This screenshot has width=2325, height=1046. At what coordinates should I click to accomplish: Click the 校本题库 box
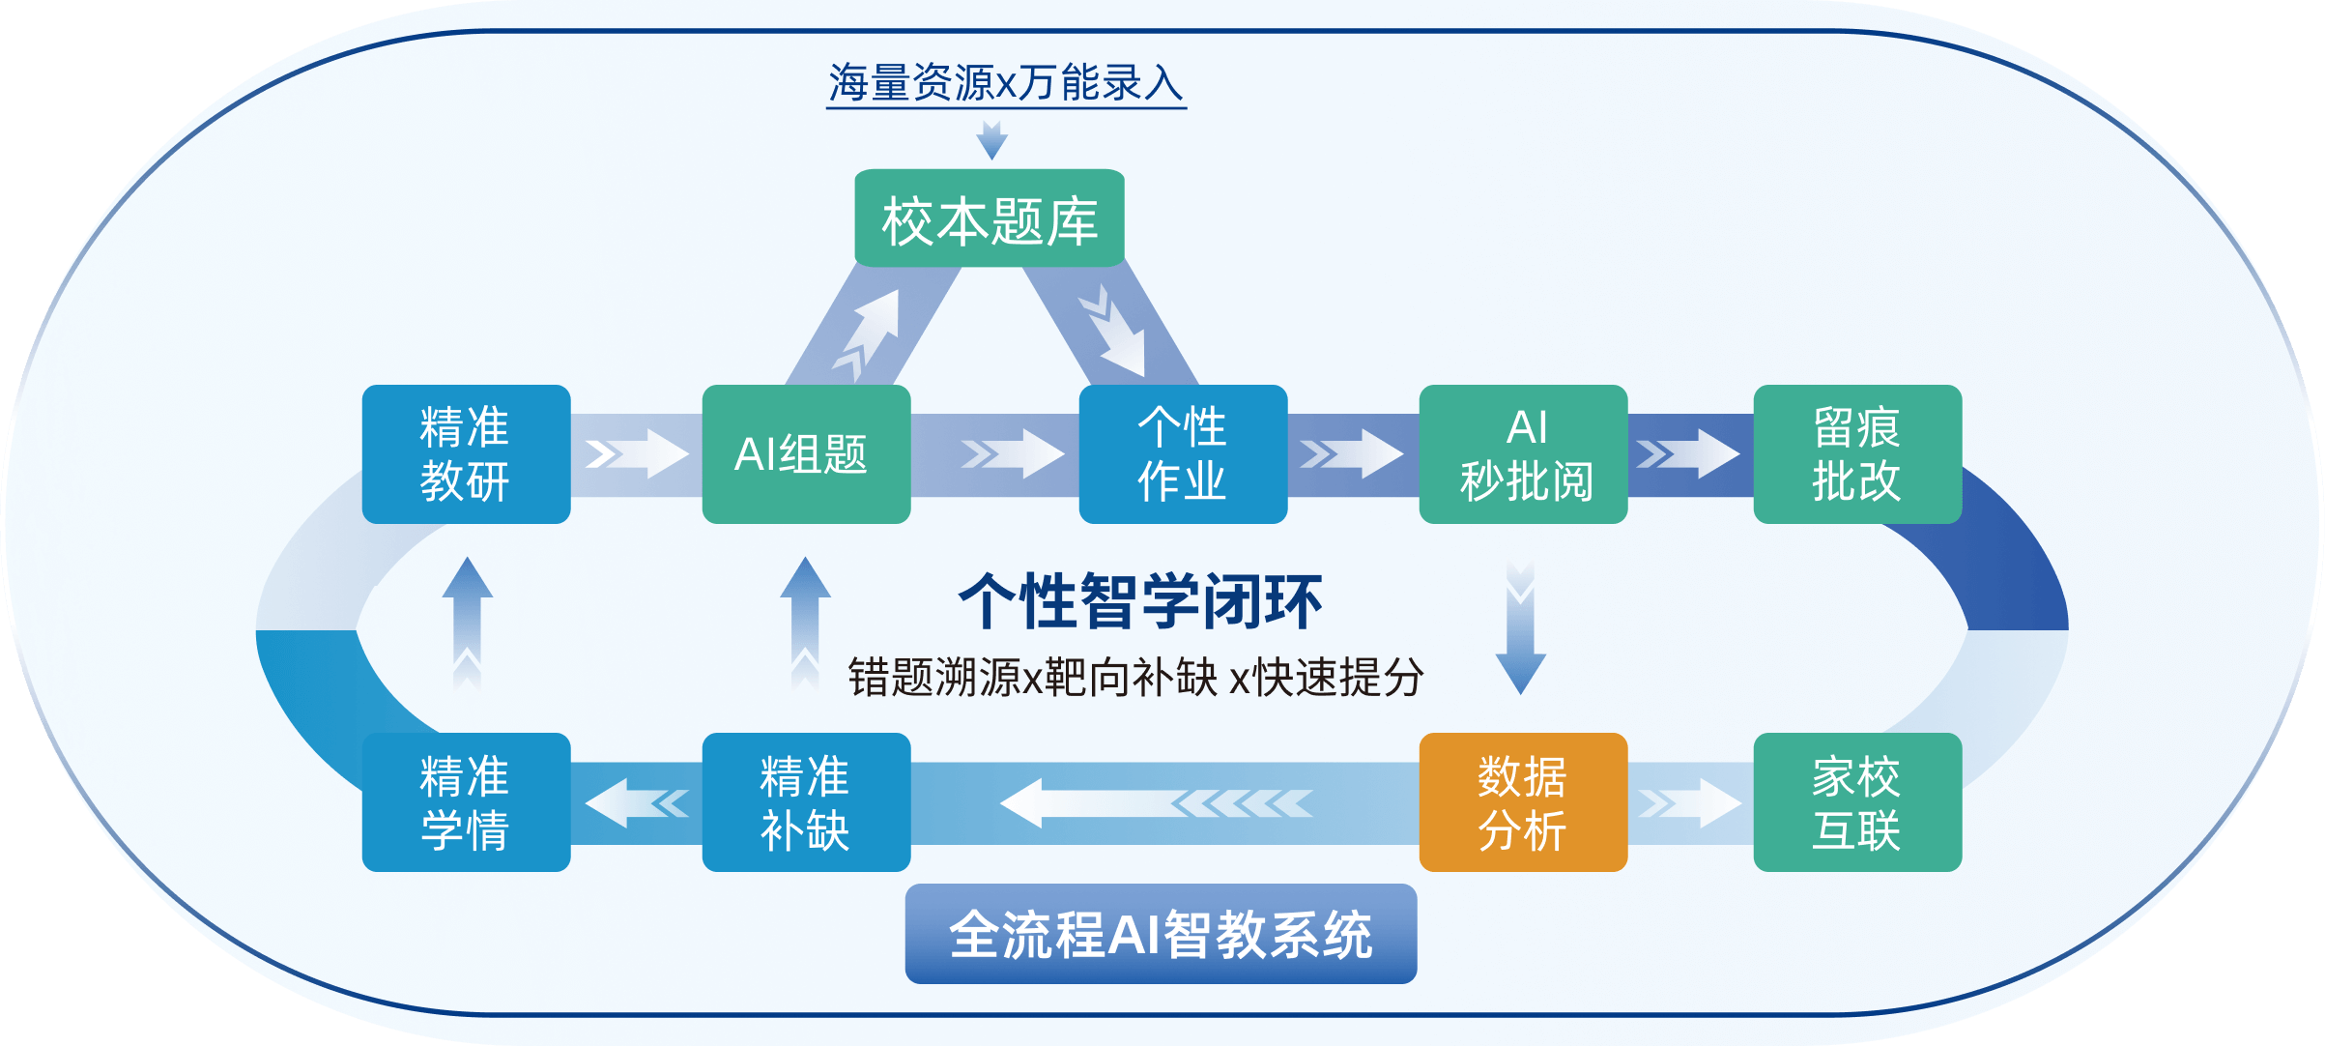(990, 218)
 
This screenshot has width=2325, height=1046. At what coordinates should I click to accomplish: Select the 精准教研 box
(466, 454)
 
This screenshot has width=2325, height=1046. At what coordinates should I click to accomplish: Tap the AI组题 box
(806, 454)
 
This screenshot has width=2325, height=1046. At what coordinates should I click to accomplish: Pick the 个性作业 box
(1183, 454)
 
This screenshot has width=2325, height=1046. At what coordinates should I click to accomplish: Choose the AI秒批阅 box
(1523, 454)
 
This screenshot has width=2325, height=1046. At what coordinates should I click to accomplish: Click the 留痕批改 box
(1857, 454)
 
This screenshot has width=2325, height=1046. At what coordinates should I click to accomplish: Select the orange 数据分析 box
(1523, 802)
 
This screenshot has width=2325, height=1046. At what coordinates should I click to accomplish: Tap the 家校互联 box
(1857, 802)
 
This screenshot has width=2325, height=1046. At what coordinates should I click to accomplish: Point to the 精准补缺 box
(806, 802)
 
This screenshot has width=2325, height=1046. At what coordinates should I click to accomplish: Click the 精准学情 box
(466, 802)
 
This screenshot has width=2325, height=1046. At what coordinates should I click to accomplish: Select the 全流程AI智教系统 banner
(1161, 934)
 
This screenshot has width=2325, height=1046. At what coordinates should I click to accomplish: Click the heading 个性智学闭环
(1140, 601)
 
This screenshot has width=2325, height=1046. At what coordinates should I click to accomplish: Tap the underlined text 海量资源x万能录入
(1006, 83)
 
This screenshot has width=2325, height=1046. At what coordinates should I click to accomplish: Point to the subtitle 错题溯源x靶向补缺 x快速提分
(1135, 677)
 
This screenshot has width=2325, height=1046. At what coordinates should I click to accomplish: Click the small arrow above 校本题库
(991, 140)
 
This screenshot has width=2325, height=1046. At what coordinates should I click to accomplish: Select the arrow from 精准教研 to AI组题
(636, 453)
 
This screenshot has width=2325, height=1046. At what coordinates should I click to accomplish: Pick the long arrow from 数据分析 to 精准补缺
(1155, 802)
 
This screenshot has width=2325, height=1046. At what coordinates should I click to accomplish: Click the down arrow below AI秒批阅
(1521, 628)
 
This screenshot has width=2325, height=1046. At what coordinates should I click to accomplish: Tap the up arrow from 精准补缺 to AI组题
(805, 624)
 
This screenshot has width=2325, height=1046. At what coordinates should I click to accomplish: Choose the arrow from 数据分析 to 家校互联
(1689, 803)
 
